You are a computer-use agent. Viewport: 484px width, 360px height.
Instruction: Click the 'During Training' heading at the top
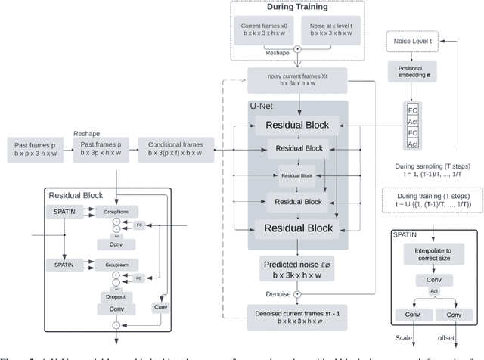click(x=296, y=7)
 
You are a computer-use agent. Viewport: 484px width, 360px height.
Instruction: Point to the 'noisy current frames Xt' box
click(x=297, y=78)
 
